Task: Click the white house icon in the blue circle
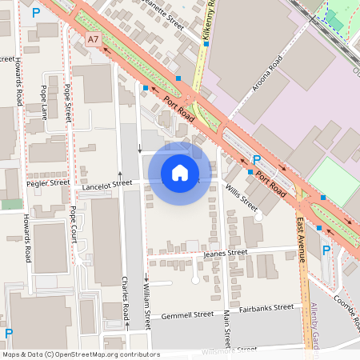coord(180,173)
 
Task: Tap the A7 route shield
coord(94,38)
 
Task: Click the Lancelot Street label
coord(107,183)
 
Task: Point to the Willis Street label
coord(240,195)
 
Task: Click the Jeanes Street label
coord(226,253)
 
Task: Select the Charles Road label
coord(126,300)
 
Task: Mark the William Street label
coord(147,307)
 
